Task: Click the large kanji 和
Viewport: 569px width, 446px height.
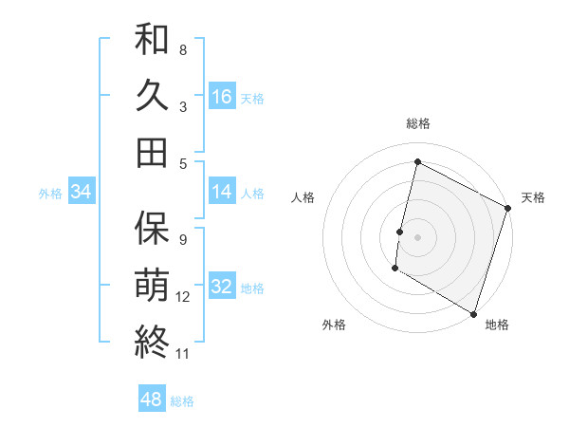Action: [152, 39]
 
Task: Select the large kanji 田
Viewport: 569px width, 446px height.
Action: [152, 152]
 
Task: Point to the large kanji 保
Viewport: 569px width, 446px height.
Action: [152, 227]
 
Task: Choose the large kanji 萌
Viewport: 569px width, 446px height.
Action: [152, 284]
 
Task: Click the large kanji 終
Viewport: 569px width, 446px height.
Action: [152, 341]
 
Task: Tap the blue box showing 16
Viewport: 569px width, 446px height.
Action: [222, 96]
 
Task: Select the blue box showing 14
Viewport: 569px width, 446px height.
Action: [222, 192]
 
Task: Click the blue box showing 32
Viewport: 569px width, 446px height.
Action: [222, 286]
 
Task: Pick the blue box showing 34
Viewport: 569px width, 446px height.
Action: [82, 192]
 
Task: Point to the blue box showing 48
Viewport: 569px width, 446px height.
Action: [152, 400]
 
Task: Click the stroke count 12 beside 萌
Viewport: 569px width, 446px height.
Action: [183, 297]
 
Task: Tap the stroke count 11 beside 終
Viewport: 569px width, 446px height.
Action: [183, 354]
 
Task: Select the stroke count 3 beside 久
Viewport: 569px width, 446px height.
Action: [183, 107]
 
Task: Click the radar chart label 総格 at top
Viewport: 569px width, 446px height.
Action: [417, 123]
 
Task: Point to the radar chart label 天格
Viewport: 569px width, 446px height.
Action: [533, 197]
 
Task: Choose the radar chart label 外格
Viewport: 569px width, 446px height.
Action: [334, 325]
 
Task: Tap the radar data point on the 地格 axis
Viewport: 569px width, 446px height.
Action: [472, 312]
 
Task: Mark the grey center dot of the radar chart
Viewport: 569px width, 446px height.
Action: [417, 236]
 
